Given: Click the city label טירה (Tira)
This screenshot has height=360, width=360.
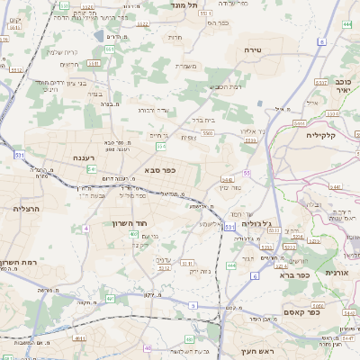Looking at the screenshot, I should [251, 51].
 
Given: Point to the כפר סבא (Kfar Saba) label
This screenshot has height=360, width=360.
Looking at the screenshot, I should [159, 169].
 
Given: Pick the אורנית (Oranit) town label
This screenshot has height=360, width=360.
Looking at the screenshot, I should [335, 273].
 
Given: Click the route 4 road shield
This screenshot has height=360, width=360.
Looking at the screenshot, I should [85, 229].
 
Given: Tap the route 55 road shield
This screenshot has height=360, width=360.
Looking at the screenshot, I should [246, 172].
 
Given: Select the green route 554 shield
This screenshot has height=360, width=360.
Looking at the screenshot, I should [161, 146].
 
